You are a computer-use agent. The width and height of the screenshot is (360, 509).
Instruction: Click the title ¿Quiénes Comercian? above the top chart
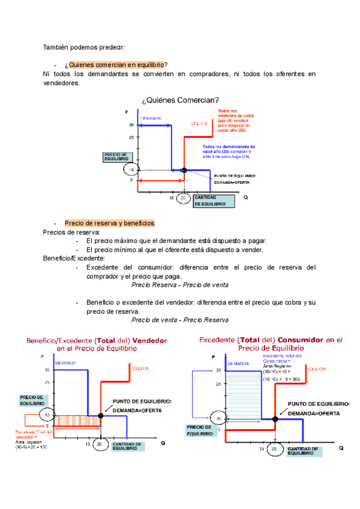179,100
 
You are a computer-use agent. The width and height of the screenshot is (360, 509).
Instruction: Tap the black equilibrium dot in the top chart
184,170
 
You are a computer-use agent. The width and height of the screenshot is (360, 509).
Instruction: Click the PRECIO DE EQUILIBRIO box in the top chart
116,157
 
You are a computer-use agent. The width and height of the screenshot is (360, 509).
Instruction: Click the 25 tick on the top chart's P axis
131,137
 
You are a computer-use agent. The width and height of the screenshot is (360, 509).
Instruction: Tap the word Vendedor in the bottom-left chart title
149,340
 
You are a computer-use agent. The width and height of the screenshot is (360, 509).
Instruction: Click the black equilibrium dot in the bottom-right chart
275,418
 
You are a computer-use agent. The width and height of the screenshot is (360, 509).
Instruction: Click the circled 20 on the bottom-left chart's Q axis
101,445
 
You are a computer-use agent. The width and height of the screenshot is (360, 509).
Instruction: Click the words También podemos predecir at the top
84,47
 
